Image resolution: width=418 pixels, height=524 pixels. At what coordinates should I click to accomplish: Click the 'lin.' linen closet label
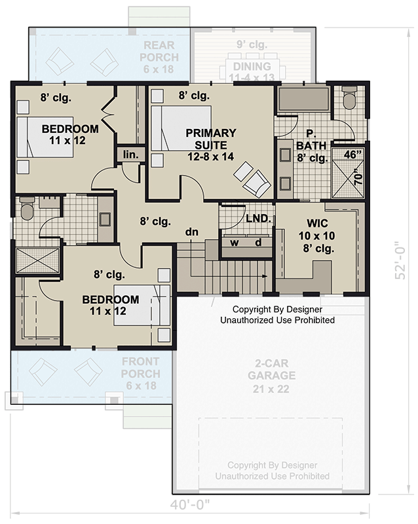[x=130, y=155]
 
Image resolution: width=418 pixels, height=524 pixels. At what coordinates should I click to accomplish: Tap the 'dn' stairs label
[x=191, y=232]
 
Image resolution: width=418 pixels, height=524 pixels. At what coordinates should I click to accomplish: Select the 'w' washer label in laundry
[x=235, y=242]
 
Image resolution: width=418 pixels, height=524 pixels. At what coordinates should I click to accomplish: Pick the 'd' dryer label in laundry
[x=258, y=242]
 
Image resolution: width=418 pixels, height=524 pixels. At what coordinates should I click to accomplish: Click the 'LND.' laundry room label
[x=259, y=219]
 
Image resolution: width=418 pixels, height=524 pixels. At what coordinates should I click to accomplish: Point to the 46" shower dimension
[x=352, y=155]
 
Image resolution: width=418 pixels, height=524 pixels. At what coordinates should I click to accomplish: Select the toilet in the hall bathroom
[x=27, y=208]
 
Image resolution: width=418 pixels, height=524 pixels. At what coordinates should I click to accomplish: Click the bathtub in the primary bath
[x=304, y=100]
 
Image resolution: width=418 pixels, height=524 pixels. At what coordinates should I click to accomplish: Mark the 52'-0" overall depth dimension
[x=400, y=260]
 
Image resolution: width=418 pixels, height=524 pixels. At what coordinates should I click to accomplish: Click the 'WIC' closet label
[x=317, y=223]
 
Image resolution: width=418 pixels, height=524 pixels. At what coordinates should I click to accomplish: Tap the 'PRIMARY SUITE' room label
[x=211, y=139]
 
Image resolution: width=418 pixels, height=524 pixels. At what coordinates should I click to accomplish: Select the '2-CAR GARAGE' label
[x=271, y=369]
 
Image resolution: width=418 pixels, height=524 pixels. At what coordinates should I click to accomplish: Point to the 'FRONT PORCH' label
[x=141, y=367]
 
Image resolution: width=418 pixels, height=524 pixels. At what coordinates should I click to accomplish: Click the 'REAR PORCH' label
[x=159, y=51]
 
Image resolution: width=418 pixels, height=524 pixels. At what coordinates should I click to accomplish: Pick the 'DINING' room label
[x=252, y=66]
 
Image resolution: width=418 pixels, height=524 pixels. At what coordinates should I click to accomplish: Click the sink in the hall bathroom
[x=105, y=219]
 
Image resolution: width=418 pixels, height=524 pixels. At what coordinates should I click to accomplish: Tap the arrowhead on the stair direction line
[x=265, y=276]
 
